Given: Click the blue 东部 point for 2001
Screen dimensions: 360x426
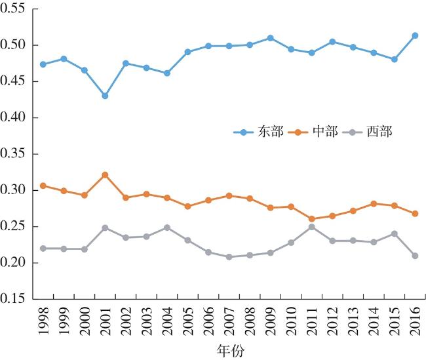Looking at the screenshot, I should point(105,96).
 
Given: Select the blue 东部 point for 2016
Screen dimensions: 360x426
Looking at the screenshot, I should point(415,35).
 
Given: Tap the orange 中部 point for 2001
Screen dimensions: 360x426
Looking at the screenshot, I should point(105,175).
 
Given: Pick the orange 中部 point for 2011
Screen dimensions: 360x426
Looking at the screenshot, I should point(311,219).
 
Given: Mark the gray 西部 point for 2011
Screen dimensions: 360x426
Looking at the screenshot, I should point(311,227).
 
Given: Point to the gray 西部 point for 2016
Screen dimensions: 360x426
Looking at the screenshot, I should point(415,256).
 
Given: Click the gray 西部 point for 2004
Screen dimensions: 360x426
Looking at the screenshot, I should point(167,228).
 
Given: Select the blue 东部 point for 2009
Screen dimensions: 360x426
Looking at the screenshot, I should point(270,38).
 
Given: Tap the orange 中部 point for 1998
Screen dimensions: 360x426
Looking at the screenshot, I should point(43,186).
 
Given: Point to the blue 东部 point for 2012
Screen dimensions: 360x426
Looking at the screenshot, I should point(332,41).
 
